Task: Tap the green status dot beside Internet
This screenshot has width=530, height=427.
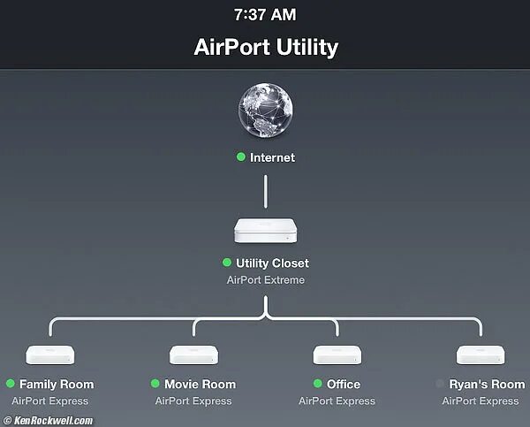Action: (x=240, y=157)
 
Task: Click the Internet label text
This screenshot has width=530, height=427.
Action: (x=272, y=157)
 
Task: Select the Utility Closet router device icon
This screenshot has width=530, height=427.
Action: (x=265, y=232)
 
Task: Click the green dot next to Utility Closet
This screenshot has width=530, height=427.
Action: (x=227, y=263)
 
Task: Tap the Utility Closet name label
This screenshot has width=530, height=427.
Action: (x=272, y=263)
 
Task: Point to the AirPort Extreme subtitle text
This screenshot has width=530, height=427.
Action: (x=265, y=280)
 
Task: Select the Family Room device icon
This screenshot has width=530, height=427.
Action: (x=50, y=355)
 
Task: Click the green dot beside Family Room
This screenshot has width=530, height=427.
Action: (x=11, y=385)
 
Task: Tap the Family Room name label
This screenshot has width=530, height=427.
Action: (x=57, y=385)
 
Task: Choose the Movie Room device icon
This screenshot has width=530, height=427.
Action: (x=193, y=355)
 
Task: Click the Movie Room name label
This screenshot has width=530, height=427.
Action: (x=200, y=385)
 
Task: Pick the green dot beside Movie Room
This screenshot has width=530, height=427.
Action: (x=155, y=385)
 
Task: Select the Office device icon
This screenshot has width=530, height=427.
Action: (x=337, y=355)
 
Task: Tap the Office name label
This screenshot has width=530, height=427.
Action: (x=344, y=385)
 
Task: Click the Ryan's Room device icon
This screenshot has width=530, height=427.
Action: (x=481, y=355)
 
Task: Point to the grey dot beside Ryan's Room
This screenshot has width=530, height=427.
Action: (x=440, y=385)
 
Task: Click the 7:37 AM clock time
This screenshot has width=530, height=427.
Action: (x=265, y=15)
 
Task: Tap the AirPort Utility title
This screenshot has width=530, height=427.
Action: (x=265, y=47)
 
